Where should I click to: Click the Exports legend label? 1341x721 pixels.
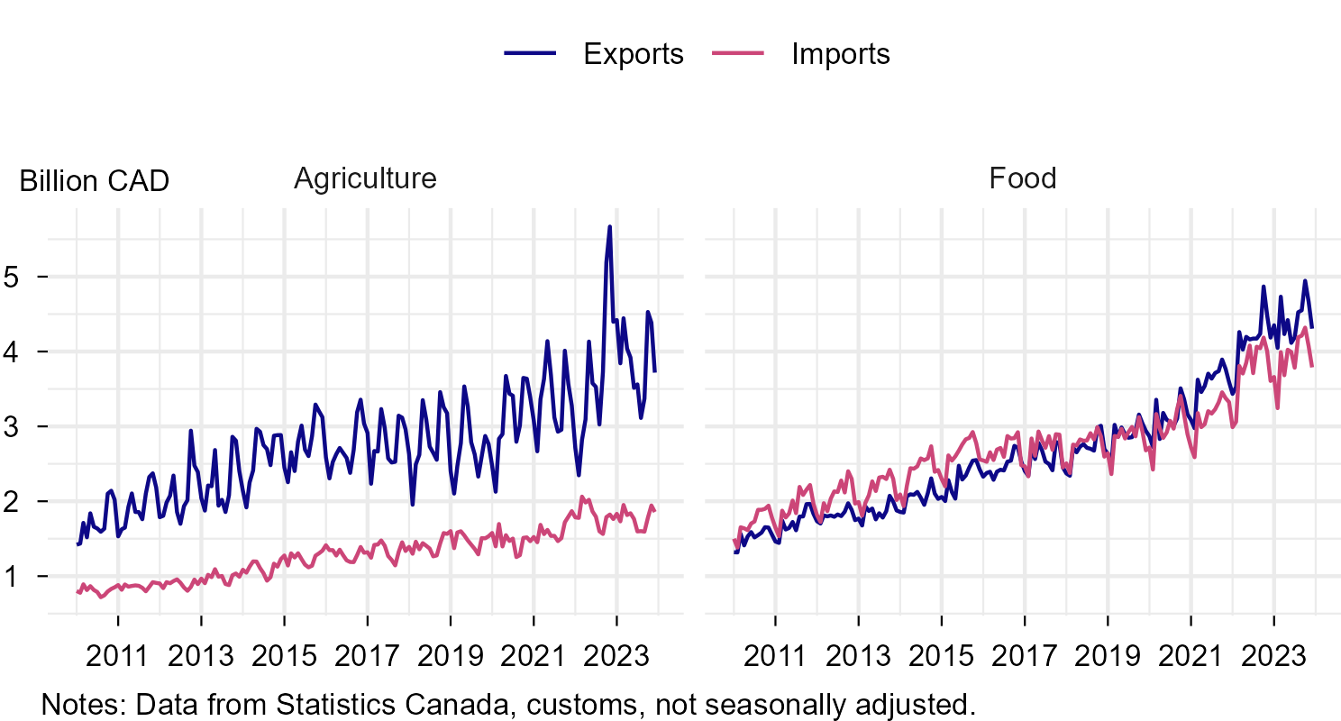(633, 54)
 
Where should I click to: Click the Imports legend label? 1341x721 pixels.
(840, 54)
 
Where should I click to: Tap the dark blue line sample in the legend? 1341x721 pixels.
(529, 54)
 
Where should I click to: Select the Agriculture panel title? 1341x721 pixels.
(365, 178)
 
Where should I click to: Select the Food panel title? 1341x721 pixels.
(1022, 178)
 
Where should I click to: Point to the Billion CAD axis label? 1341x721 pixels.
(94, 181)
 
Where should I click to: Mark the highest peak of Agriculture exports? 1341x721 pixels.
(610, 227)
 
